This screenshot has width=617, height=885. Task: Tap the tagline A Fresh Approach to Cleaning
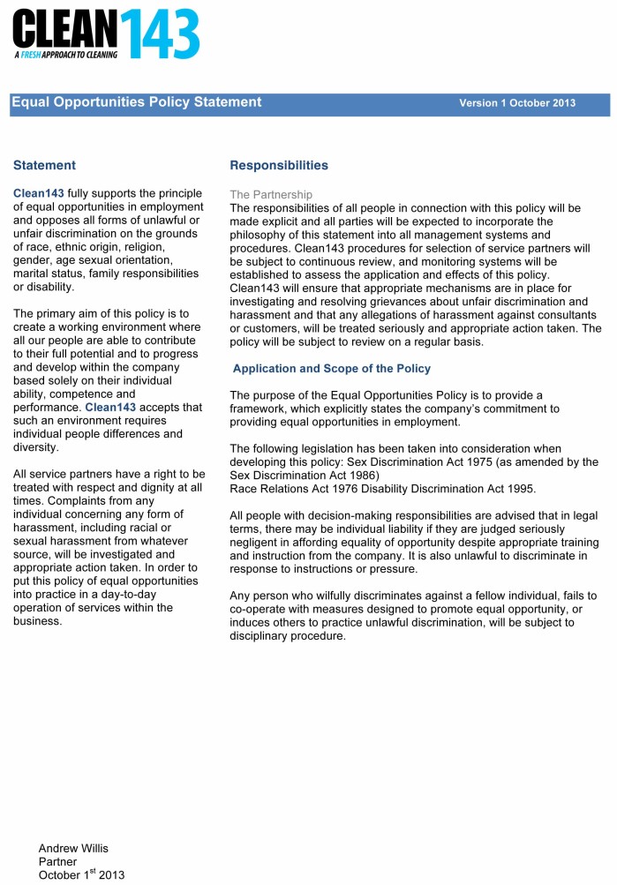point(66,54)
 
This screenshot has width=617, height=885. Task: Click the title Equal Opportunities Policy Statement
point(137,102)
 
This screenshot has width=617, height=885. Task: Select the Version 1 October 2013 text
point(516,103)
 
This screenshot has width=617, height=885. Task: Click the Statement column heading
point(44,165)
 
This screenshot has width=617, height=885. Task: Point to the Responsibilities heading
point(278,165)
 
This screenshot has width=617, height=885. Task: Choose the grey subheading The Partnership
point(271,194)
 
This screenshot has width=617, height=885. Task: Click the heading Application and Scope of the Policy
point(332,368)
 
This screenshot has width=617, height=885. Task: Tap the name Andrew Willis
point(73,848)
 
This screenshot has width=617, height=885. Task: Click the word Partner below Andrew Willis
point(57,861)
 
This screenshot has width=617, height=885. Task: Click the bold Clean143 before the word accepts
point(110,408)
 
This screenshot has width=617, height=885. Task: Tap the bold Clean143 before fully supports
point(39,193)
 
